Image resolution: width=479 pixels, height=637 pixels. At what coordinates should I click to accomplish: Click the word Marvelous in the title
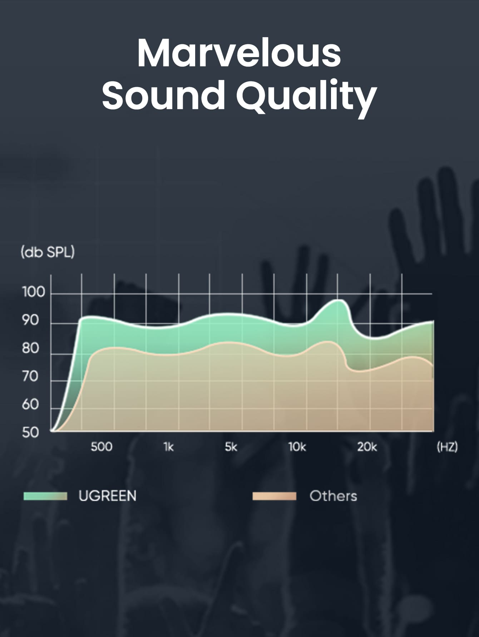tap(239, 53)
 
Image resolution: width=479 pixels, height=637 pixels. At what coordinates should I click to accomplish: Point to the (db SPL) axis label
tap(48, 252)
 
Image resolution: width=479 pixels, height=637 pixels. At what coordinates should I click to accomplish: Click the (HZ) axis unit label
tap(447, 447)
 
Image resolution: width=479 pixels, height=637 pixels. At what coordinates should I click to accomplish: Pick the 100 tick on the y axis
tap(34, 292)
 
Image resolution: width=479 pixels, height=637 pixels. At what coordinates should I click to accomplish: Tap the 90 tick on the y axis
tap(30, 320)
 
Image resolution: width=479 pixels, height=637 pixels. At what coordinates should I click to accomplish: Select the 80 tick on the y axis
tap(30, 348)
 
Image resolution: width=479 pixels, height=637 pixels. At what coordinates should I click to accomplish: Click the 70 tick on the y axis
tap(30, 376)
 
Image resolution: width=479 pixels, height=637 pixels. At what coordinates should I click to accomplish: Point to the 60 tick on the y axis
tap(30, 404)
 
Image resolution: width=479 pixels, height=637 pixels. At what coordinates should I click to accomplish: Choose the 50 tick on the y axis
tap(30, 433)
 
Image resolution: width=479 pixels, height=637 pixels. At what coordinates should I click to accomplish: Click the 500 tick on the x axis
tap(102, 447)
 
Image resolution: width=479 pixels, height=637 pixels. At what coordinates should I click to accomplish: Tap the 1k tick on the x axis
tap(168, 447)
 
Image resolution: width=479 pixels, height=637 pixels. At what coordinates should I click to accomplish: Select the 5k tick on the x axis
tap(231, 447)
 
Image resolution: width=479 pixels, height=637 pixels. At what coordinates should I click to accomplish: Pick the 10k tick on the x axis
tap(297, 447)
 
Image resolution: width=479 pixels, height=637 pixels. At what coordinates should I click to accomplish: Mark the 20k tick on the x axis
tap(367, 447)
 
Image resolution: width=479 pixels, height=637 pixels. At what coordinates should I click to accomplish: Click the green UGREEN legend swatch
tap(45, 496)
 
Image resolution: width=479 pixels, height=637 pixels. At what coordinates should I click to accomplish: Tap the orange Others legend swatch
tap(274, 496)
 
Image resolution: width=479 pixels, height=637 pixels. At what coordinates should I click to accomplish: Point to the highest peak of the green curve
tap(338, 300)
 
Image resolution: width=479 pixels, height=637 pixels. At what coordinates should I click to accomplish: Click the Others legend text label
tap(333, 496)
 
